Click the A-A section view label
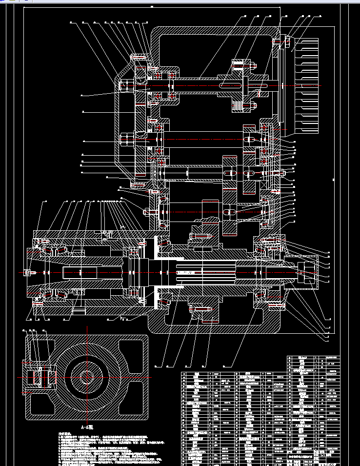(x=86, y=426)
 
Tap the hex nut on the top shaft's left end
(x=126, y=85)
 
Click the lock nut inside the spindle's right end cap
(x=308, y=270)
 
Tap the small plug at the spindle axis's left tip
(x=27, y=272)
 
